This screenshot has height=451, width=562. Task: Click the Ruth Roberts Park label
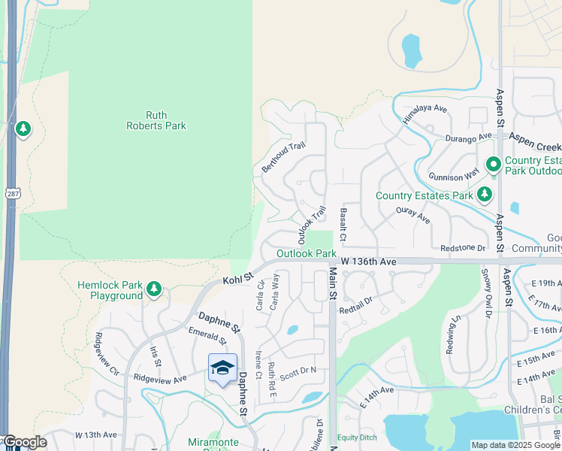tap(156, 120)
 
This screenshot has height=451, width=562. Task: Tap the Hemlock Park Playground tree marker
tap(154, 289)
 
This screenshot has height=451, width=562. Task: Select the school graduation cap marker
tap(222, 368)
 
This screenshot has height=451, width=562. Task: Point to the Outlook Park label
tap(306, 254)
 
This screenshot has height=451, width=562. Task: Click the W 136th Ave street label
tap(367, 261)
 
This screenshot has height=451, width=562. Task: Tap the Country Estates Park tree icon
tap(485, 195)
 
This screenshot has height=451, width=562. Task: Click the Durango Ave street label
tap(470, 138)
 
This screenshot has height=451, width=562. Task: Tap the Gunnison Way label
tap(454, 174)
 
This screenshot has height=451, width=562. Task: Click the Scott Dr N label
tap(298, 371)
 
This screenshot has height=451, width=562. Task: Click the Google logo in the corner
tap(24, 442)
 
